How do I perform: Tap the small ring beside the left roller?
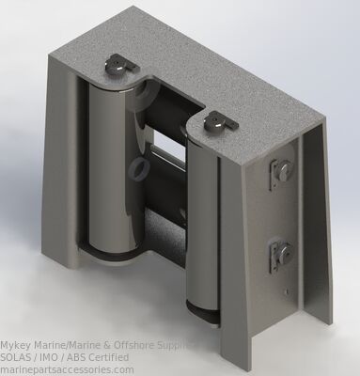[x=138, y=167]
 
